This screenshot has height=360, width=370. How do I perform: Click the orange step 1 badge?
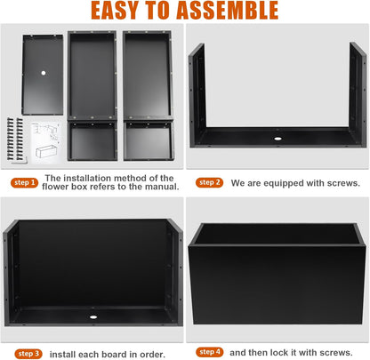tap(24, 182)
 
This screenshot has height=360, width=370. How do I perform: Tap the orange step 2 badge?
tap(209, 182)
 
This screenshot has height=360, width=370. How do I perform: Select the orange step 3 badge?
tap(28, 354)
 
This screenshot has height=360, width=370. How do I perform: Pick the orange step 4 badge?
tap(210, 352)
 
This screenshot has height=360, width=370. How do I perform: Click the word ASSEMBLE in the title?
tap(228, 11)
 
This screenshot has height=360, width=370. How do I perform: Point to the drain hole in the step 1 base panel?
tap(44, 73)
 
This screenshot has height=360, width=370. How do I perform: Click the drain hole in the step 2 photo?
tap(277, 139)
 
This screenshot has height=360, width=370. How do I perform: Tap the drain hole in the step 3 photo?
tap(93, 317)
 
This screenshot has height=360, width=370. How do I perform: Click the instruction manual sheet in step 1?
tap(46, 142)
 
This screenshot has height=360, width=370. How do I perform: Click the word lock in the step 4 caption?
tap(278, 353)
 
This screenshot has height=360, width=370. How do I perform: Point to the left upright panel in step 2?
tap(197, 94)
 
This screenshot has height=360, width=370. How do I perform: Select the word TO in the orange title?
tap(157, 11)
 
